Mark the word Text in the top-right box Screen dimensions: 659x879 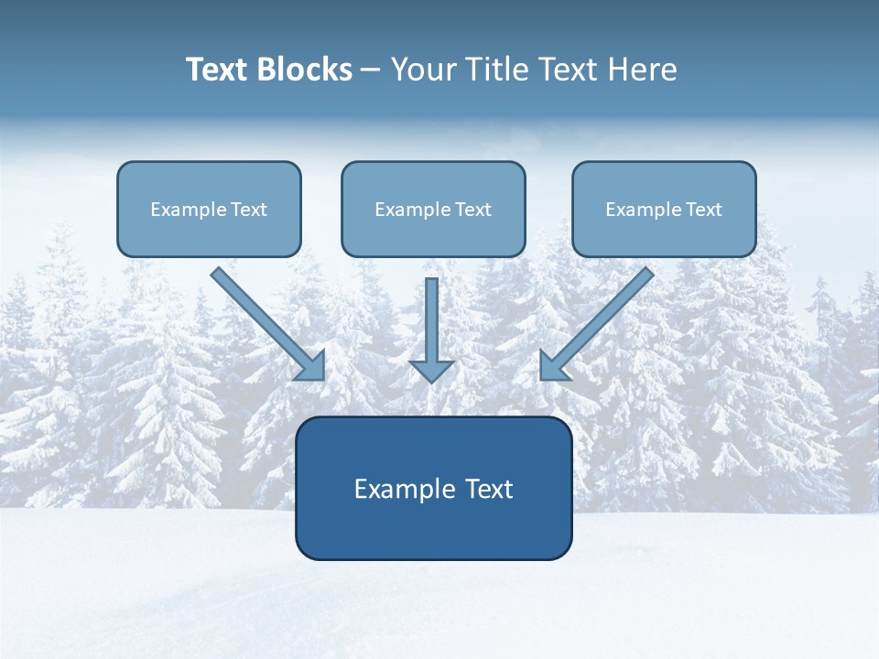(704, 210)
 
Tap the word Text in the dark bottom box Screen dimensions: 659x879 (489, 489)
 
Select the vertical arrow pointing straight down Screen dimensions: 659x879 (431, 320)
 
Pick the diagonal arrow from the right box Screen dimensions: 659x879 (604, 316)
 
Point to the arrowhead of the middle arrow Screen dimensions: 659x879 (431, 371)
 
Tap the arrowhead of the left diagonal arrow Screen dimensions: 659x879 (312, 367)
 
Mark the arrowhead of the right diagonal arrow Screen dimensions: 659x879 (552, 367)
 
